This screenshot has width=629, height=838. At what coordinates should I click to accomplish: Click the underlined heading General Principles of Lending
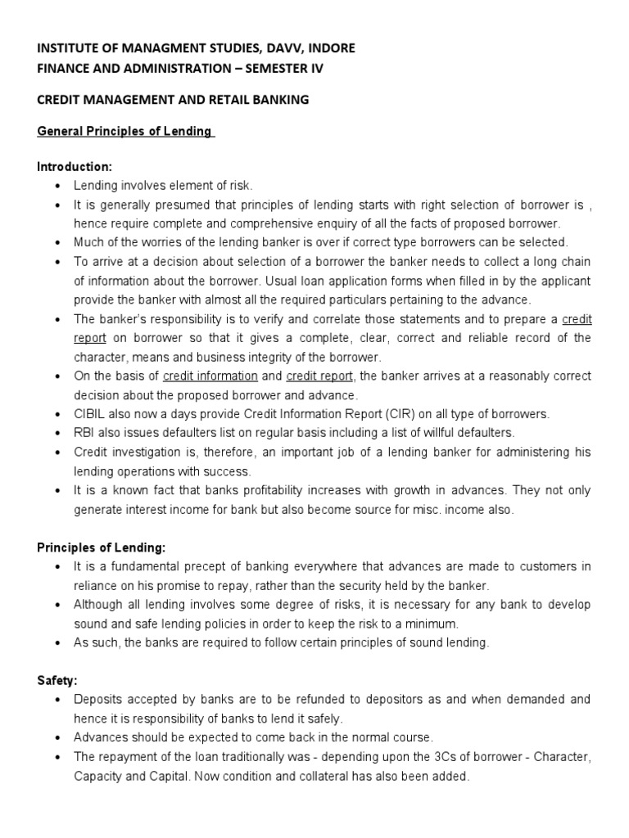[x=125, y=132]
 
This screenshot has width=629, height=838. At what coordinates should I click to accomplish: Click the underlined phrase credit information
[x=210, y=376]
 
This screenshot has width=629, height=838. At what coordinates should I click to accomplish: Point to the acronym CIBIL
[x=89, y=413]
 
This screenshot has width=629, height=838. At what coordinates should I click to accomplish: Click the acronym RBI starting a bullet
[x=85, y=432]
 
